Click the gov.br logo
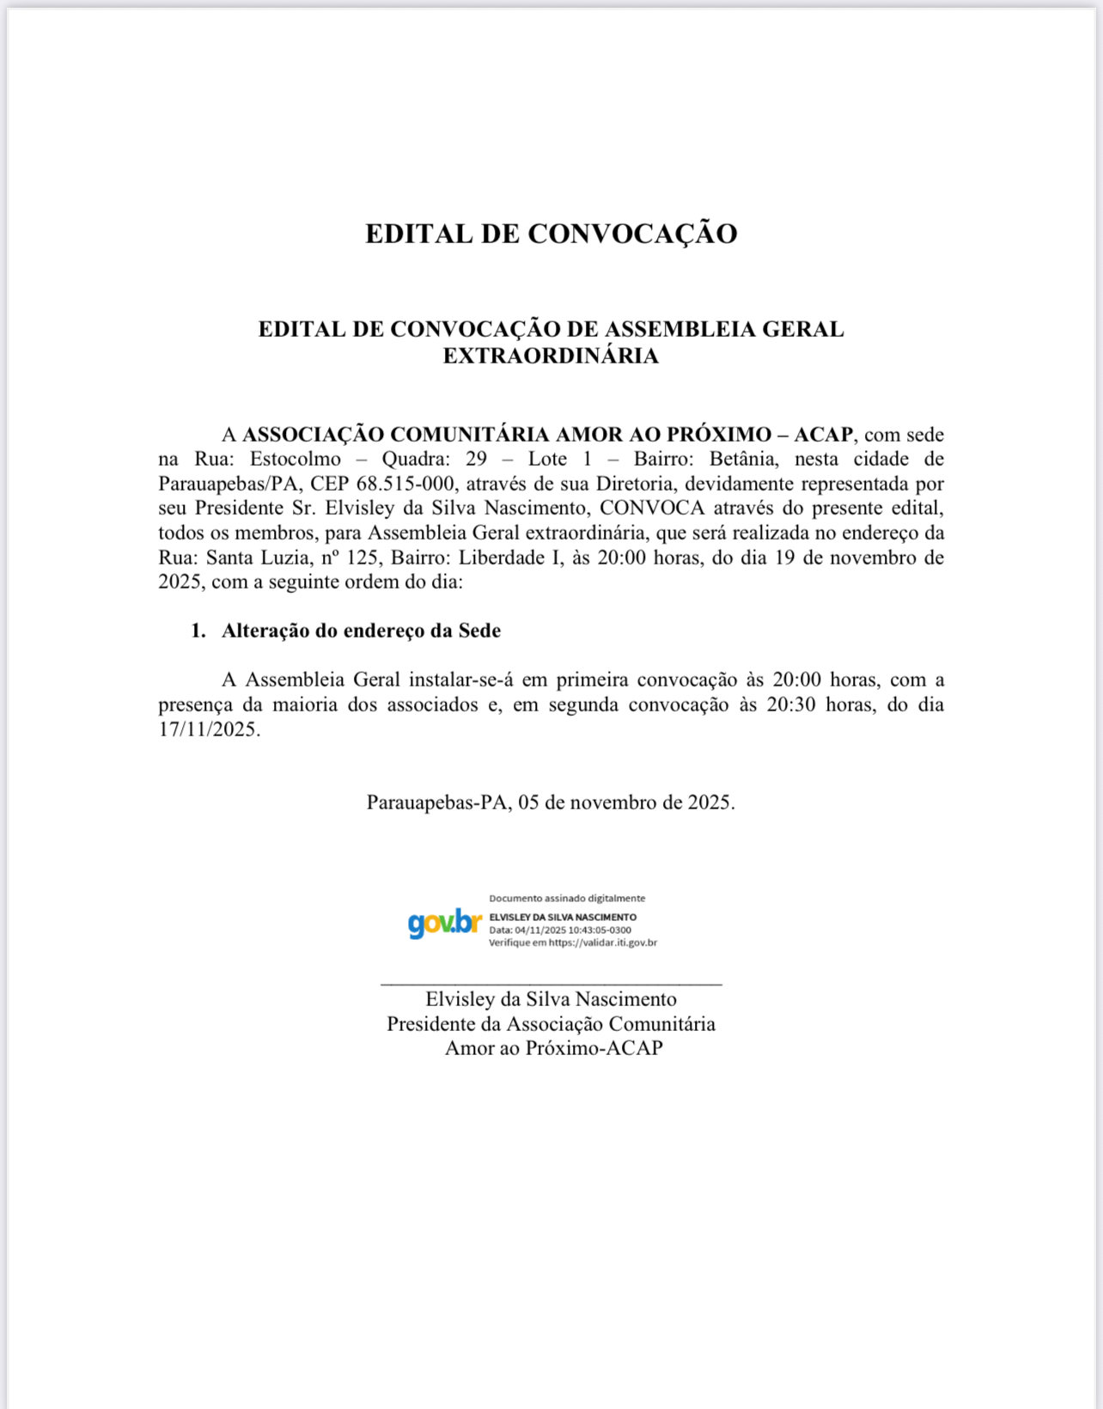click(444, 923)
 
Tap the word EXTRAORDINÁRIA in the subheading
click(551, 356)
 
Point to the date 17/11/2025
click(208, 729)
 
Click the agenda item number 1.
click(198, 631)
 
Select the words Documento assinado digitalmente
click(567, 898)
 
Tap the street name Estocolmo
click(296, 459)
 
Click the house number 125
click(363, 558)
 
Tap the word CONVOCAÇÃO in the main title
click(632, 234)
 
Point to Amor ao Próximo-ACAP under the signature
click(553, 1048)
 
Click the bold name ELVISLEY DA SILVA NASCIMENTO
click(563, 918)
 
